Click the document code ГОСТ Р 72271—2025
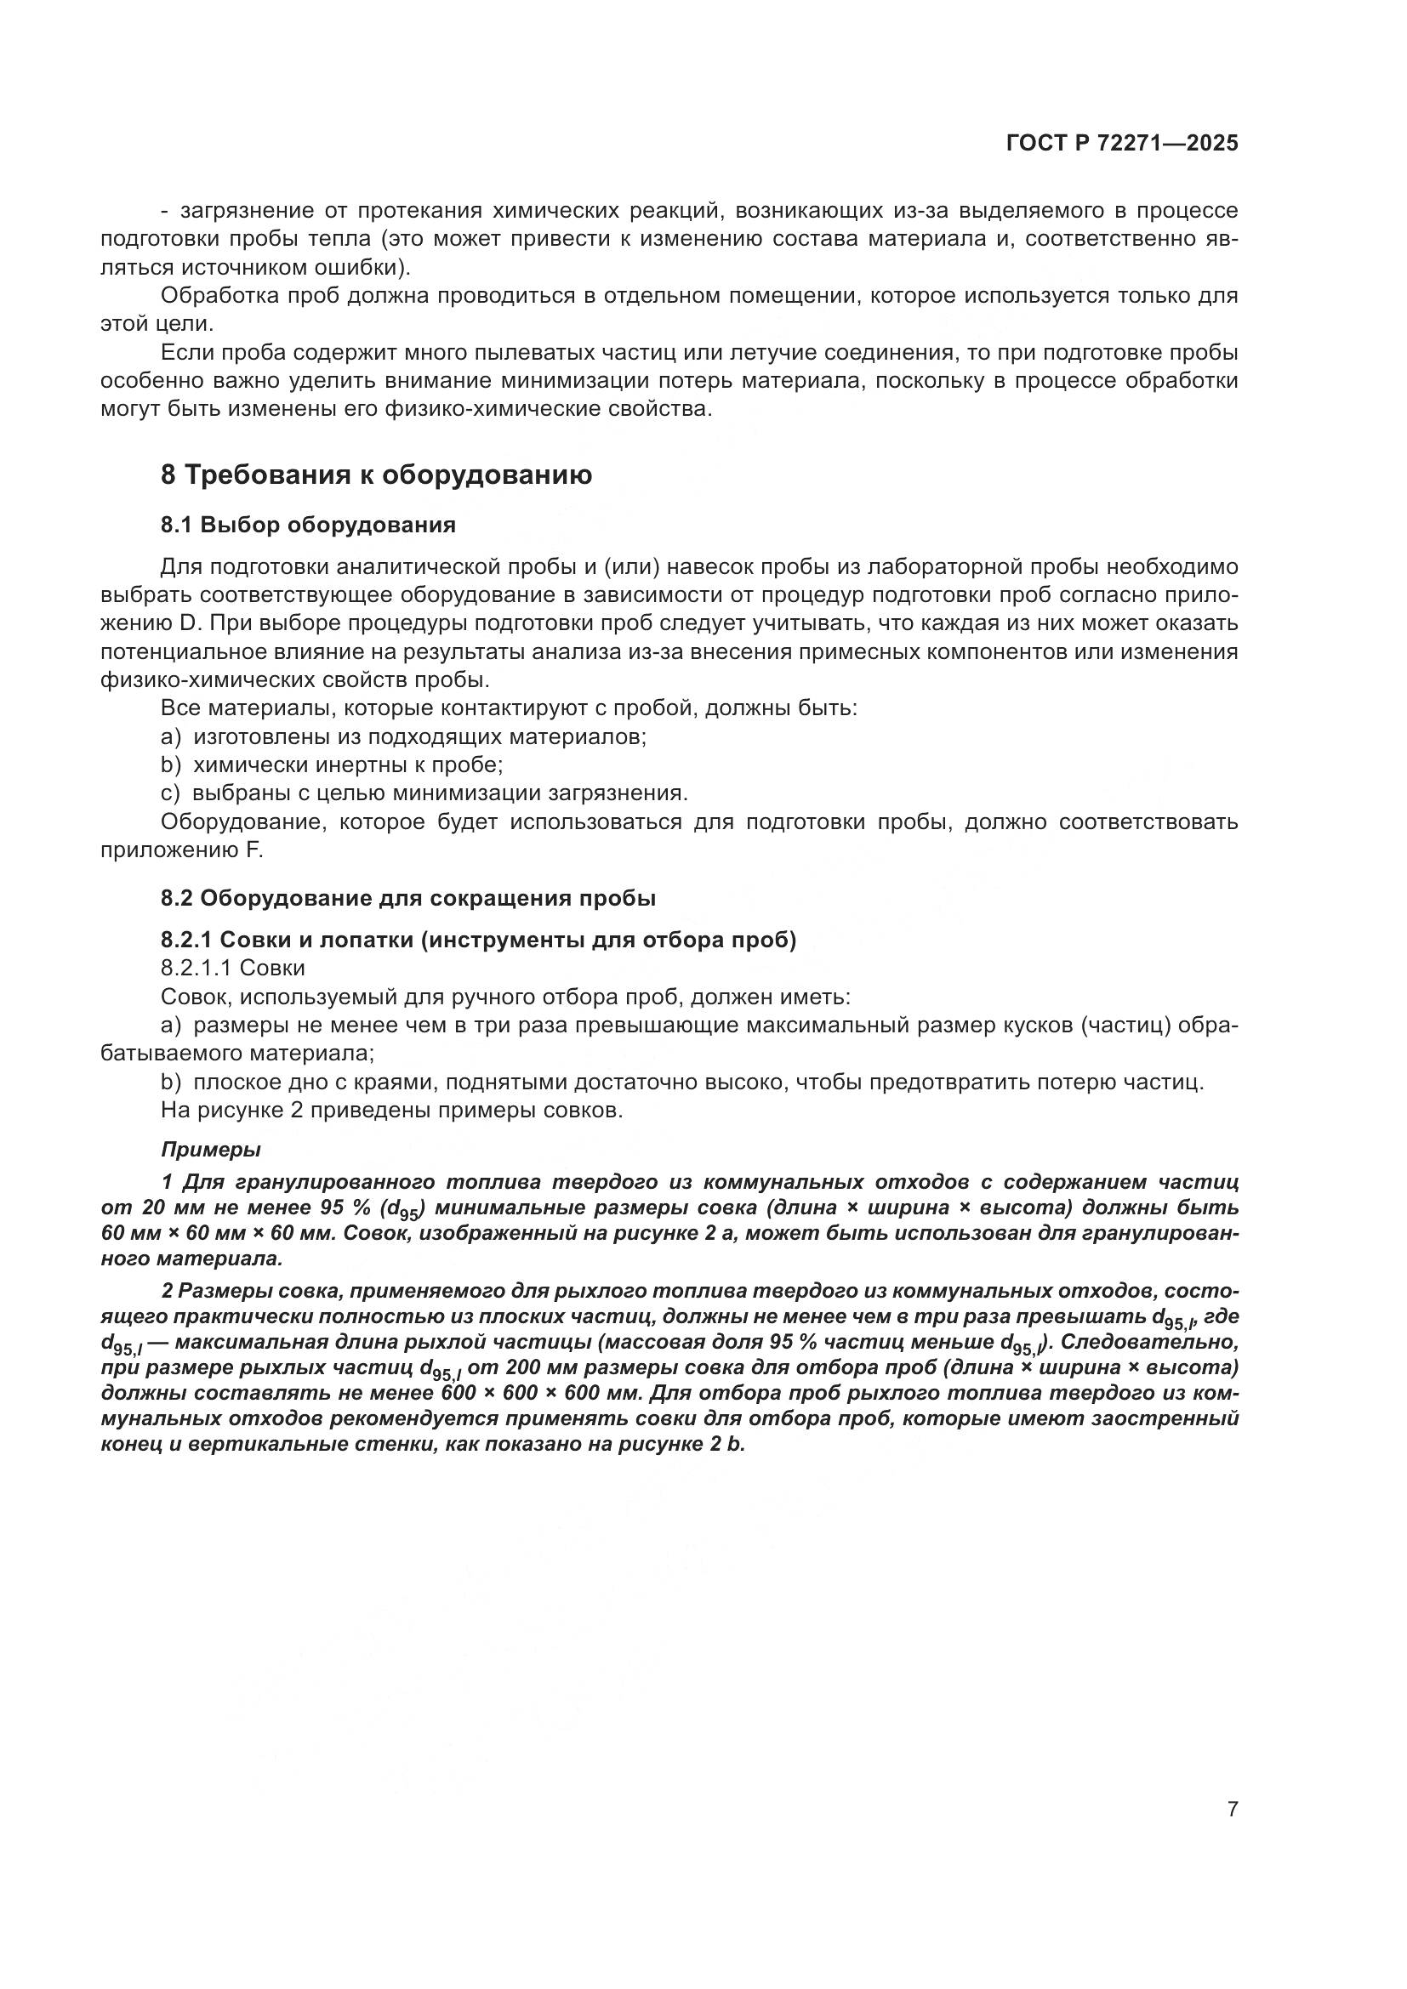[1122, 144]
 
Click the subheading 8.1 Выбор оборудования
[308, 525]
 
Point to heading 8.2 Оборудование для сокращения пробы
[408, 898]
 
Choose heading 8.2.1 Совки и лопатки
[478, 940]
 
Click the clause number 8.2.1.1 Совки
[232, 968]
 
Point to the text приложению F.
[181, 850]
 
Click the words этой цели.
[156, 324]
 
